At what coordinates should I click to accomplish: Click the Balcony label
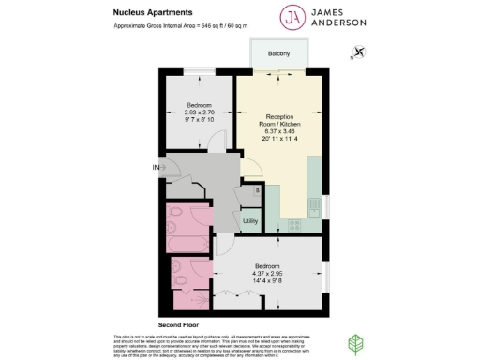[278, 53]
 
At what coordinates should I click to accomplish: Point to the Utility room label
[250, 221]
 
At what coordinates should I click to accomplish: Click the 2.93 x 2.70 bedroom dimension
[199, 112]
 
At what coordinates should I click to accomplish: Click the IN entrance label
[158, 168]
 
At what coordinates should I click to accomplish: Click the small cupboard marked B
[258, 190]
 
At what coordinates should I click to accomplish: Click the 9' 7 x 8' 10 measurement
[199, 119]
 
